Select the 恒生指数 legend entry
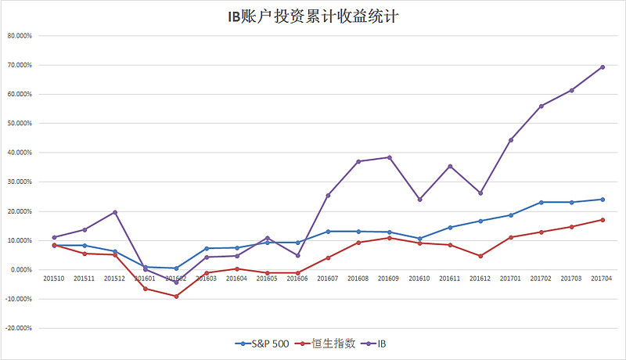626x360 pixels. click(x=329, y=344)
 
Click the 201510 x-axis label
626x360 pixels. click(x=54, y=278)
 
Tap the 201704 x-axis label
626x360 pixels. click(x=602, y=278)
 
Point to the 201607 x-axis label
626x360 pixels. click(x=328, y=278)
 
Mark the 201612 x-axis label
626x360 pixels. click(x=480, y=278)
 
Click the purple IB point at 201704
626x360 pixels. click(x=602, y=67)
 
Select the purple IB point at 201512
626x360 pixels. click(x=115, y=212)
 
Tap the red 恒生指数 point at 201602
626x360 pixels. click(x=176, y=297)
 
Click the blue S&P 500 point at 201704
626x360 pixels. click(x=602, y=199)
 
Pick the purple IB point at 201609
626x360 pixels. click(x=389, y=157)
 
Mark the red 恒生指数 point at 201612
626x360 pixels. click(x=480, y=256)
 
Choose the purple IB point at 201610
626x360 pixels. click(x=419, y=200)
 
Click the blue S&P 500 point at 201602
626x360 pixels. click(x=176, y=268)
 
